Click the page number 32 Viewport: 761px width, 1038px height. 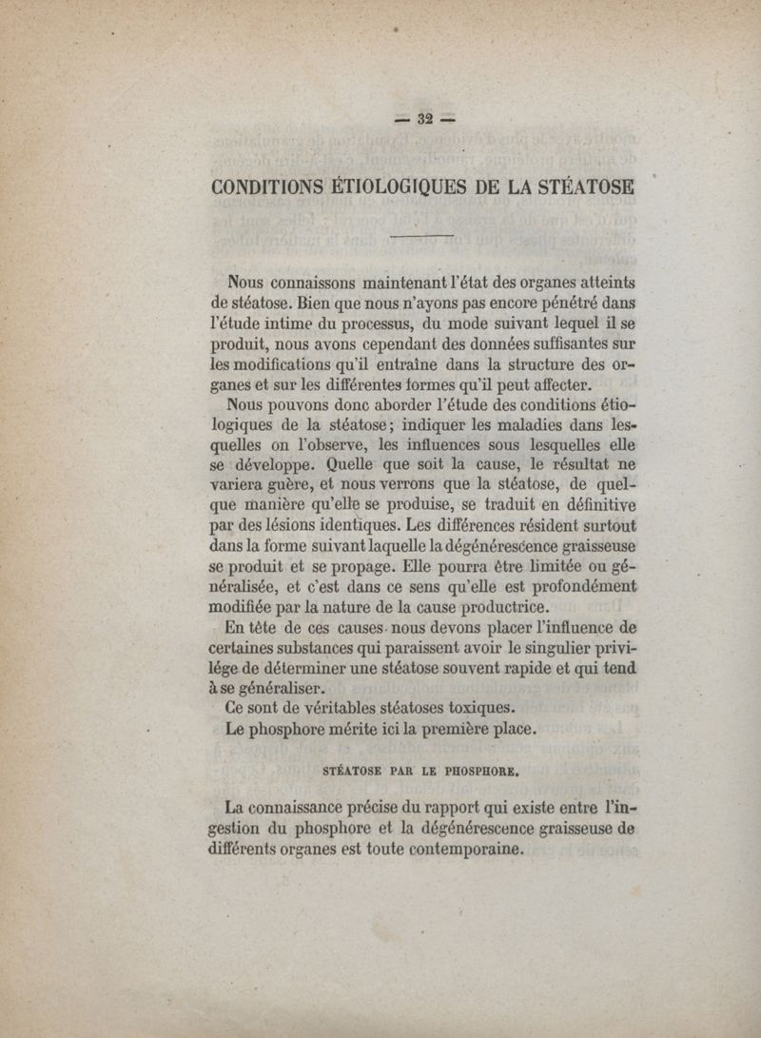pos(423,119)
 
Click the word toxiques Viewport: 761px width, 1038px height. pos(473,708)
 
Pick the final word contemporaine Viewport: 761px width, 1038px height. pos(466,851)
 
